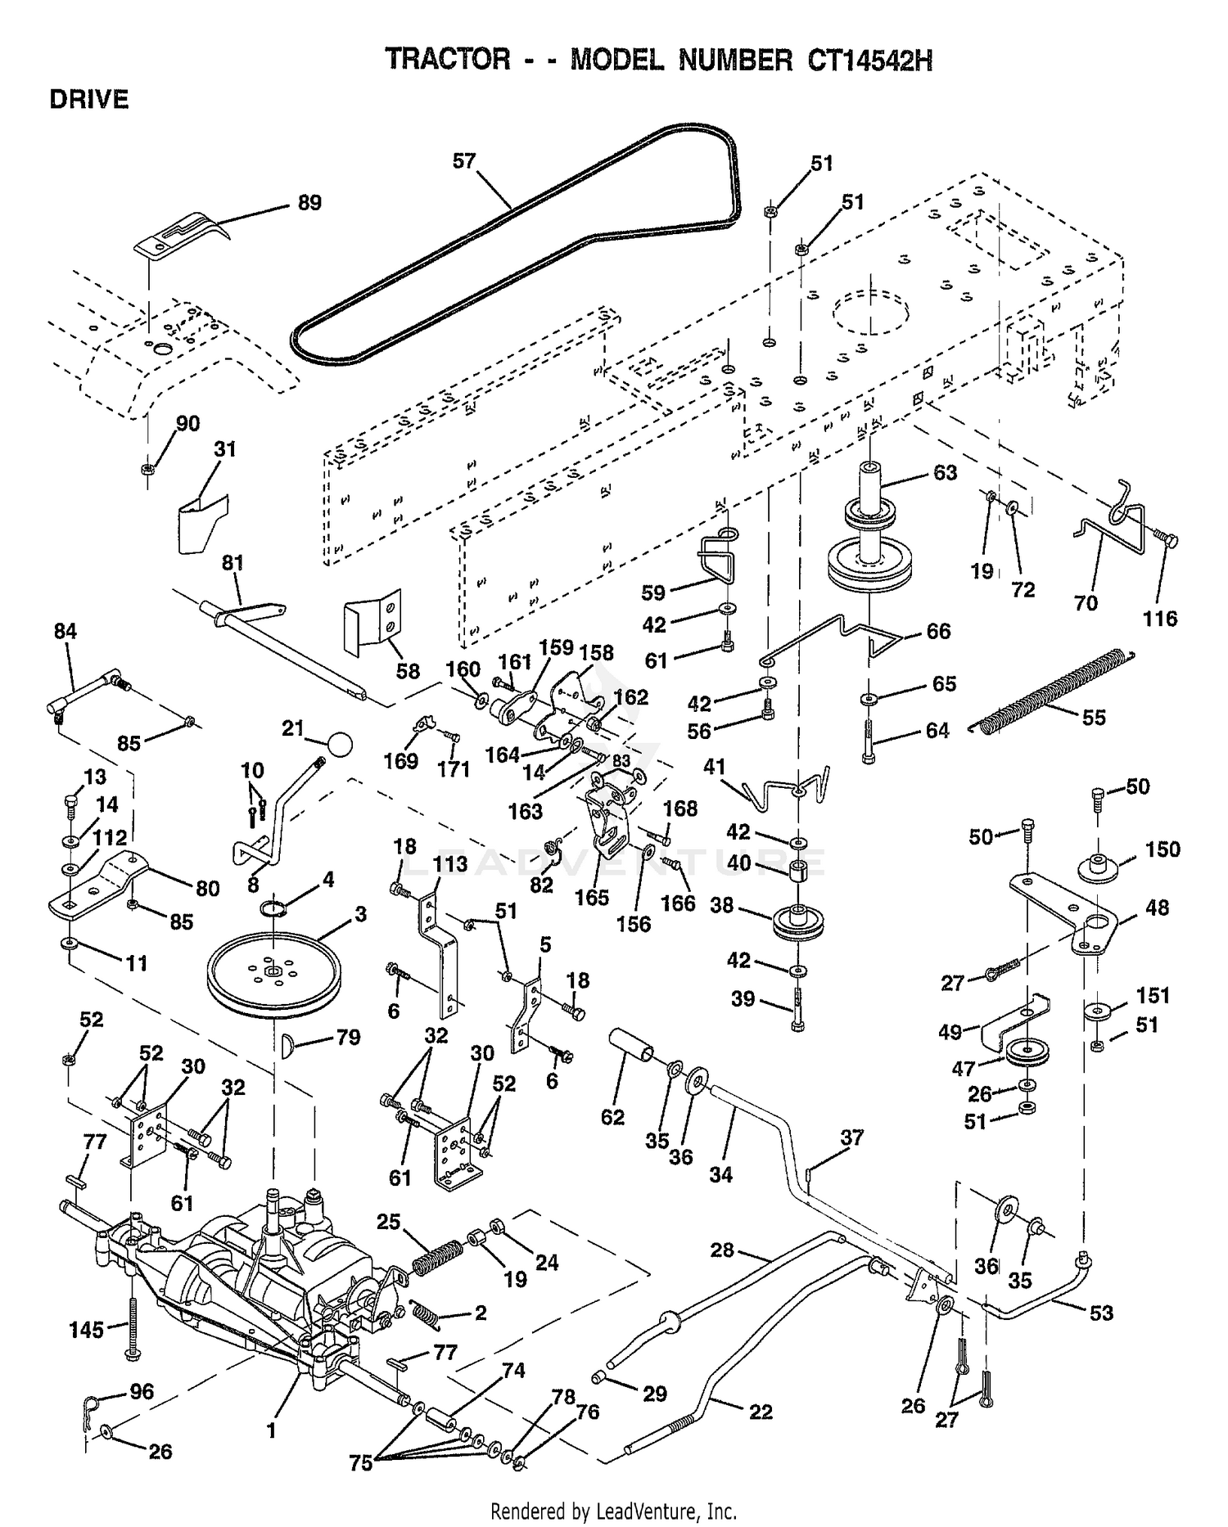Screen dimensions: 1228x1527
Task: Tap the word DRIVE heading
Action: [x=89, y=100]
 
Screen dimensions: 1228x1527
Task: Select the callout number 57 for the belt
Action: [x=464, y=161]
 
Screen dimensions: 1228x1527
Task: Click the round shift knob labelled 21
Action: [x=339, y=744]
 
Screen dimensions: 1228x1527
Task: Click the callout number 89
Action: [x=309, y=202]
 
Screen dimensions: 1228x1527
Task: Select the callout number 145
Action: [x=87, y=1330]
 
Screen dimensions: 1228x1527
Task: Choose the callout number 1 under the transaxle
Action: [x=271, y=1430]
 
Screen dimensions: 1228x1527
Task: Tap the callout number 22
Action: [x=761, y=1412]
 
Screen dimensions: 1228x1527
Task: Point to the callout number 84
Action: [x=65, y=631]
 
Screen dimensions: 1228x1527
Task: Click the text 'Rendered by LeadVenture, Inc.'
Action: [x=614, y=1511]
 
